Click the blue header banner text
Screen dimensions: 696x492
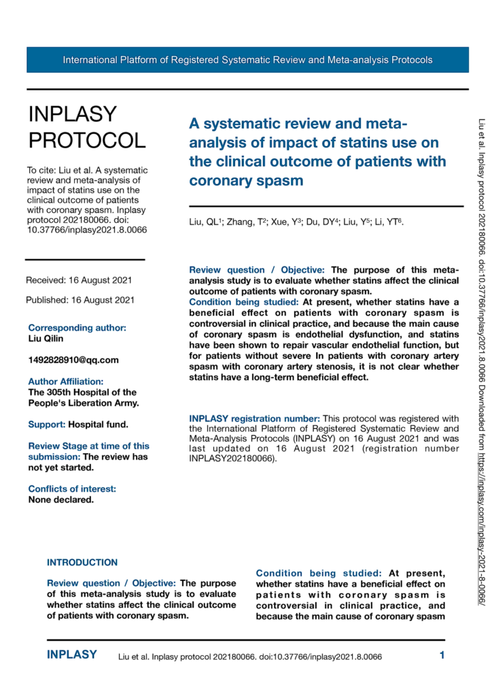tap(247, 60)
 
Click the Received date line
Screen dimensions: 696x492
tap(79, 280)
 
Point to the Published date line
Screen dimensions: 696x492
tap(80, 300)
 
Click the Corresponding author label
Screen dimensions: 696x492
tap(77, 328)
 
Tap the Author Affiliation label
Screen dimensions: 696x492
tap(65, 381)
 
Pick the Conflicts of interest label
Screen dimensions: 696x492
tap(72, 470)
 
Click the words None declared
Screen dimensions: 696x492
tap(60, 481)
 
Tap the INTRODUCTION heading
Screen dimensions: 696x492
tap(82, 543)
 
